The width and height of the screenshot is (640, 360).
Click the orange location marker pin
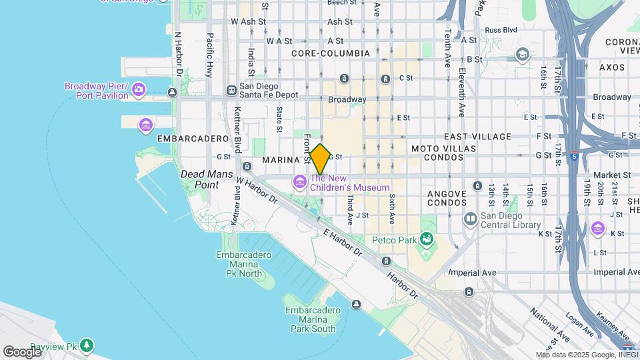pyautogui.click(x=320, y=159)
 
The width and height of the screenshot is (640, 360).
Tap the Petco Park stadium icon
pyautogui.click(x=426, y=239)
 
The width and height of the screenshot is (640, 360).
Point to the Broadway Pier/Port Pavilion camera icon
pyautogui.click(x=138, y=89)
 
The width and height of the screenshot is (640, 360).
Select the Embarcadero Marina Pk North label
pyautogui.click(x=244, y=264)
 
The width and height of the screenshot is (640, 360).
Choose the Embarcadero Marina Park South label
pyautogui.click(x=311, y=319)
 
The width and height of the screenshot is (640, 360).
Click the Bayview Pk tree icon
pyautogui.click(x=87, y=345)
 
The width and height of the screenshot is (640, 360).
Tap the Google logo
pyautogui.click(x=22, y=351)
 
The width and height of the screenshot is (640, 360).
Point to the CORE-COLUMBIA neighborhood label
pyautogui.click(x=331, y=53)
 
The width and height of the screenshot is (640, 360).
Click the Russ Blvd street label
pyautogui.click(x=501, y=30)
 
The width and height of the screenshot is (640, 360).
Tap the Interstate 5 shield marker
pyautogui.click(x=575, y=155)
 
